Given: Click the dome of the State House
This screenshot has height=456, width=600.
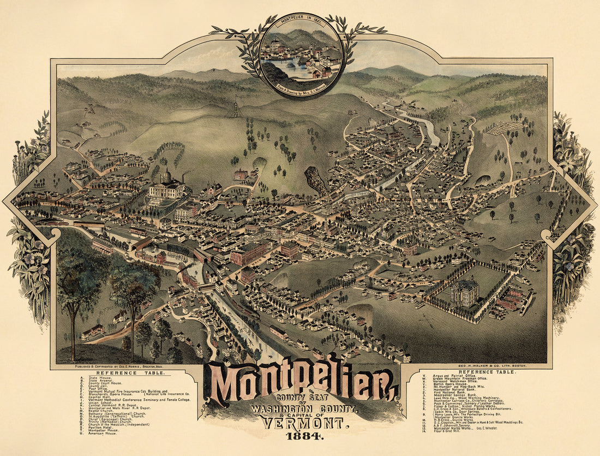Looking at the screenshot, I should point(166,176).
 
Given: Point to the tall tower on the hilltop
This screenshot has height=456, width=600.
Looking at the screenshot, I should point(236,106).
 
